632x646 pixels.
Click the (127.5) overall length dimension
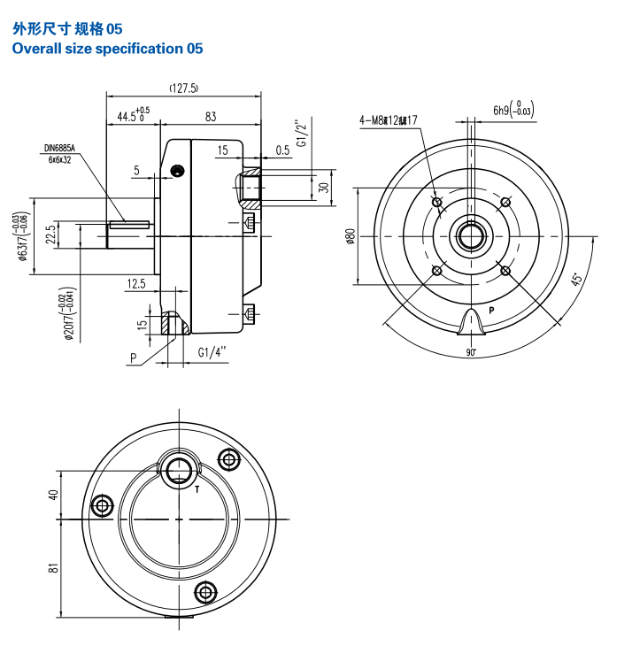[x=183, y=88]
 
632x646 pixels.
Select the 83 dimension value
[x=211, y=116]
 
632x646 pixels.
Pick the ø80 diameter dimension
[x=351, y=236]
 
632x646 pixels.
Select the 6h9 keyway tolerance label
[x=513, y=110]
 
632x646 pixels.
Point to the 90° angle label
[x=471, y=352]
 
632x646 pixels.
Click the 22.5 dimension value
[x=51, y=235]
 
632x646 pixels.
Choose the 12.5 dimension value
[x=136, y=283]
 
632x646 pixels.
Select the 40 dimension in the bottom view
[x=52, y=496]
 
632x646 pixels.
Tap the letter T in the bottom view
[x=196, y=488]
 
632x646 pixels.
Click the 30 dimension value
[x=324, y=187]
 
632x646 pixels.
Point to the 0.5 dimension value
[x=282, y=150]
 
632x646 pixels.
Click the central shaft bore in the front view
[x=470, y=236]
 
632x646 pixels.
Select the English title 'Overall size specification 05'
[x=107, y=49]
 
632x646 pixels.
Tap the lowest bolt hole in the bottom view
[x=209, y=591]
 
